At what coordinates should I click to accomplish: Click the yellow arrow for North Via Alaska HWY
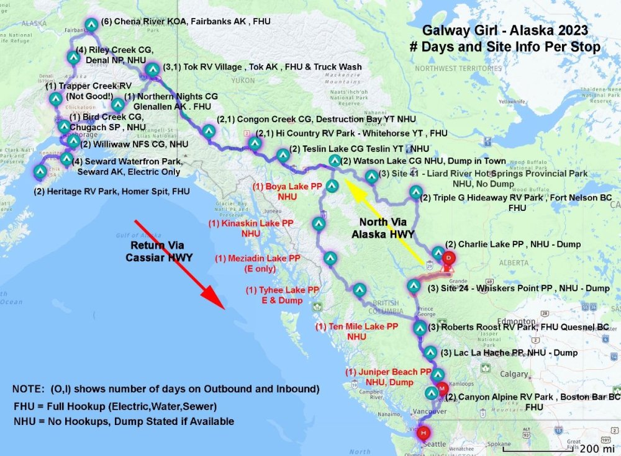(388, 220)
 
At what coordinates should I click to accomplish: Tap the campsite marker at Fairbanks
(91, 25)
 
